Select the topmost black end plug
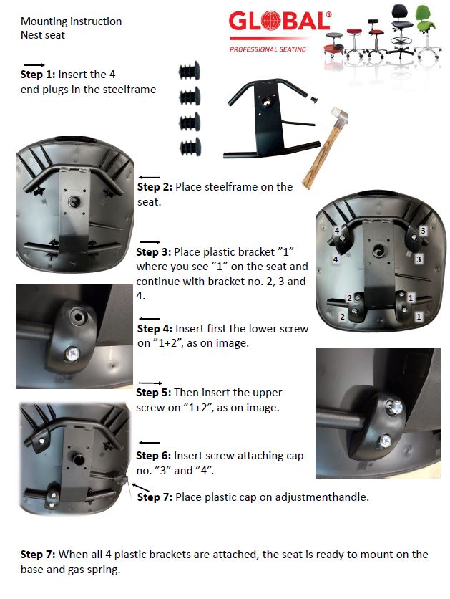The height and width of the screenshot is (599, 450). tap(190, 71)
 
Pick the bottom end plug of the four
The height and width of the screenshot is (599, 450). tap(190, 147)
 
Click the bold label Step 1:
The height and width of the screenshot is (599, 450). tap(38, 74)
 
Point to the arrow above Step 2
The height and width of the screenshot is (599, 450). tap(149, 177)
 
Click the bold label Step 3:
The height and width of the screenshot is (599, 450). tap(154, 252)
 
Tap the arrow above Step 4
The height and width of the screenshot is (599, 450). tap(149, 319)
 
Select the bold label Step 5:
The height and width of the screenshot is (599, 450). tap(154, 393)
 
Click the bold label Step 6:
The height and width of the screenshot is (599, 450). tap(154, 456)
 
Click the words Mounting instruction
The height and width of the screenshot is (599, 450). tap(72, 21)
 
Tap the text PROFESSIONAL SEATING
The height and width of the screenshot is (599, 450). tap(268, 49)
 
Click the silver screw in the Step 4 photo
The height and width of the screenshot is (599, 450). tap(72, 353)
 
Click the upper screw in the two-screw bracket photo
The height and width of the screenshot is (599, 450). tap(393, 408)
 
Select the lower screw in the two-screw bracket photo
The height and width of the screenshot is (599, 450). tap(385, 441)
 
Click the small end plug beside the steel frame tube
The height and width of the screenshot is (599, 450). tap(314, 100)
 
